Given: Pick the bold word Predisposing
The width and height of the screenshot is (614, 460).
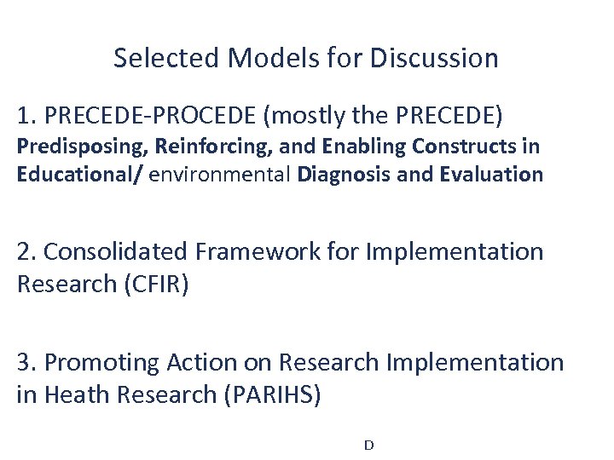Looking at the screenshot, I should click(83, 147).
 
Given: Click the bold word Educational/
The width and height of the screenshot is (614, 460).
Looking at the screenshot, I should click(78, 175).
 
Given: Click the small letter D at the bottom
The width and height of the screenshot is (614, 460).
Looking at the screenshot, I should click(368, 445).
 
